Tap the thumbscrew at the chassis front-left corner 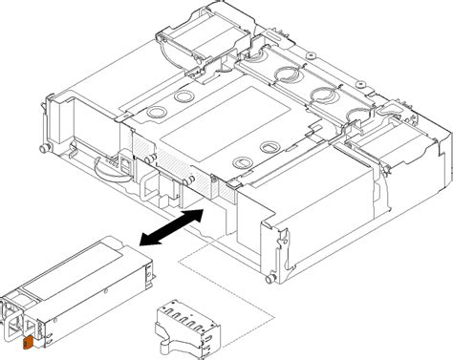click(45, 148)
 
